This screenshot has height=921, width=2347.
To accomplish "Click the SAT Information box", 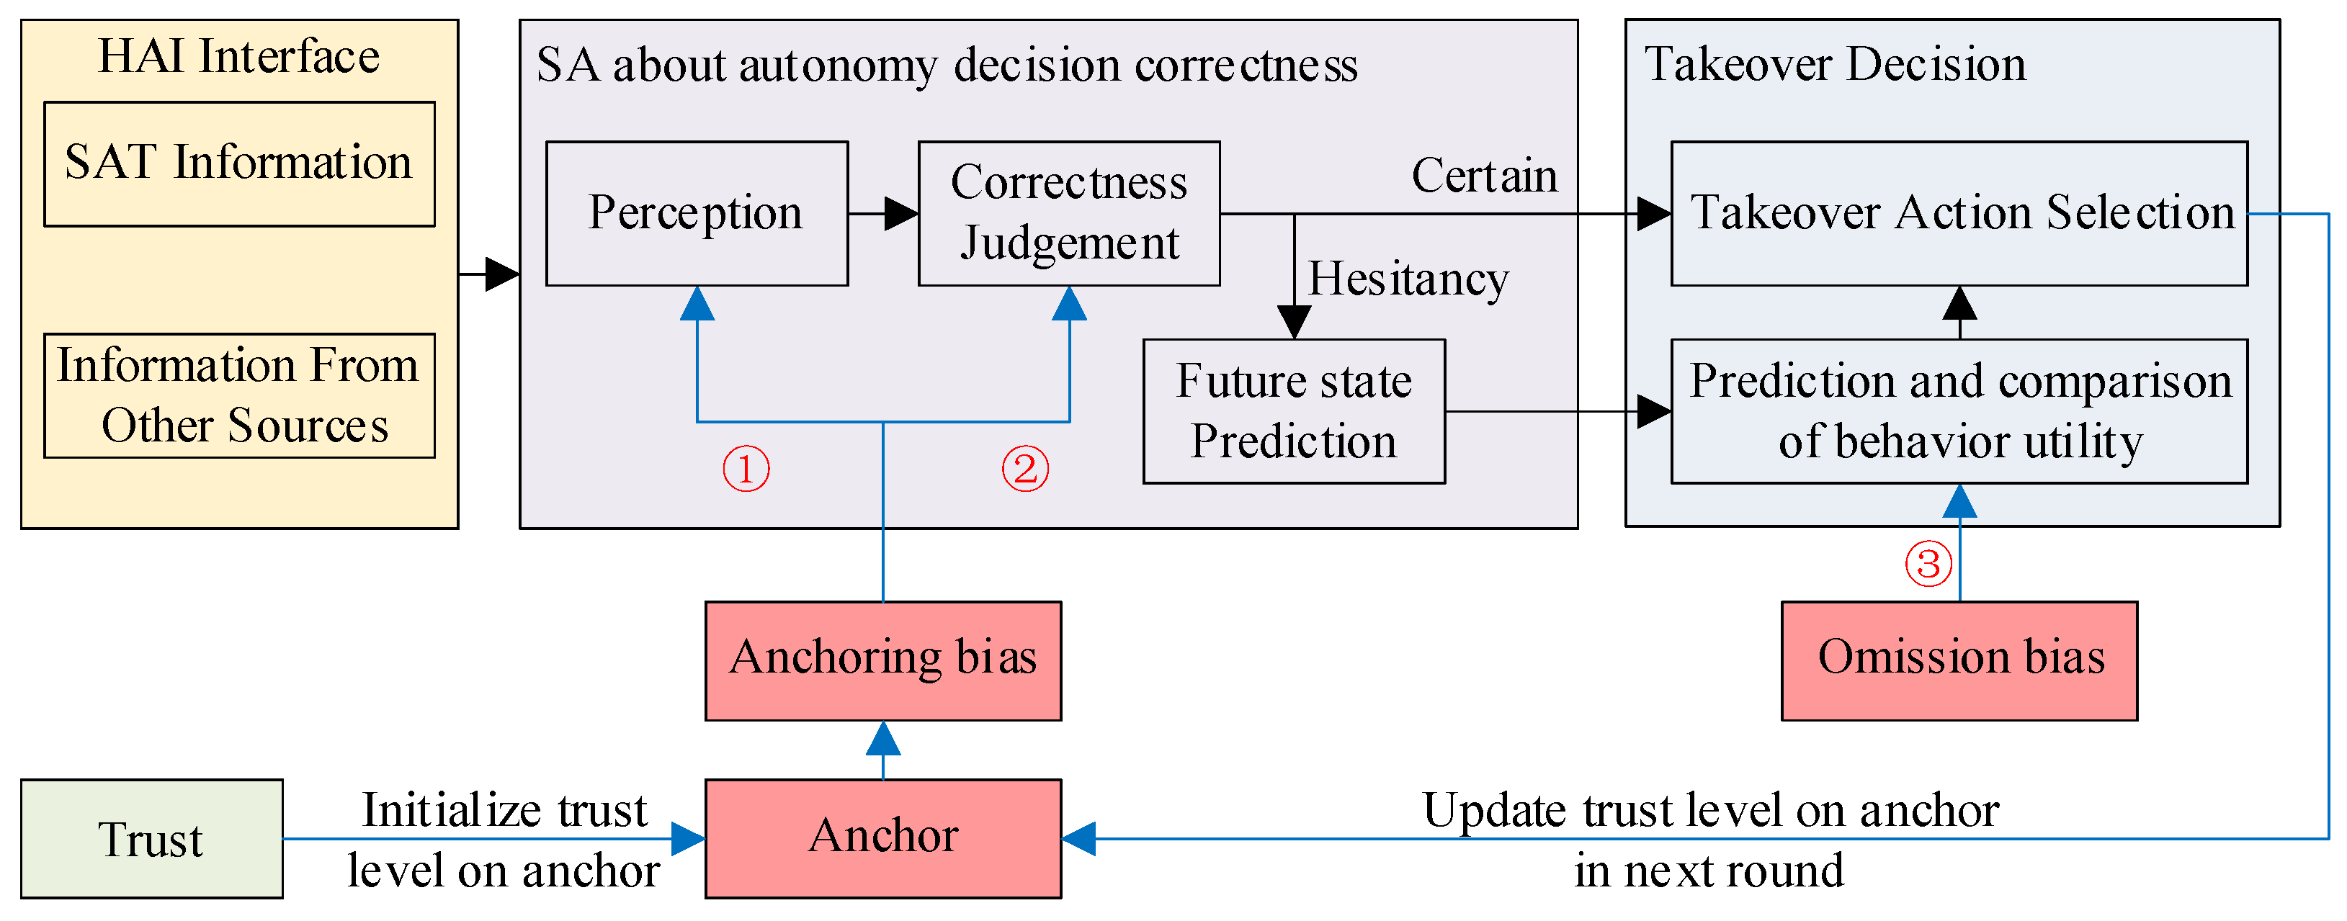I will (x=238, y=164).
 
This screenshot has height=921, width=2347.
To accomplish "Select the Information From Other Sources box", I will (x=238, y=395).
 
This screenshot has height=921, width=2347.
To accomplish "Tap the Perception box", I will (x=696, y=213).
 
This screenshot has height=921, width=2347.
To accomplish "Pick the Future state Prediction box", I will (x=1293, y=411).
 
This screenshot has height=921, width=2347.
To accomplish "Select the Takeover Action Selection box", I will (x=1958, y=213).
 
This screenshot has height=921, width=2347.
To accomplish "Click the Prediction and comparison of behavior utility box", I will (x=1958, y=411).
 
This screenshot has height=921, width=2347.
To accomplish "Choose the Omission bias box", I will (x=1959, y=660).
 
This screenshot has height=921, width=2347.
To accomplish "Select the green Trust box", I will (x=151, y=838).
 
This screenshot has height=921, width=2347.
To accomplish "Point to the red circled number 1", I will (x=746, y=470).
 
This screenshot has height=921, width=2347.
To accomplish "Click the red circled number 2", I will (x=1025, y=470).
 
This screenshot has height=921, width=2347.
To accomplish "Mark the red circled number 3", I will (x=1928, y=563).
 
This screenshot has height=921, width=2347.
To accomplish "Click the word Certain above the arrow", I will (x=1483, y=176).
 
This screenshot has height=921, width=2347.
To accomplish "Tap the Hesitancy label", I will (x=1408, y=279).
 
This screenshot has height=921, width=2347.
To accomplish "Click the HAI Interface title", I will (x=238, y=56).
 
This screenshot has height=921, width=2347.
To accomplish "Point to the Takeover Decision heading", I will (x=1834, y=64).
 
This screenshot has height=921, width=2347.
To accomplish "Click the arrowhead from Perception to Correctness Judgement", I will (x=901, y=214).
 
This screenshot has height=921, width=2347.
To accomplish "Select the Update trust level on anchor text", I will (x=1709, y=810).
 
